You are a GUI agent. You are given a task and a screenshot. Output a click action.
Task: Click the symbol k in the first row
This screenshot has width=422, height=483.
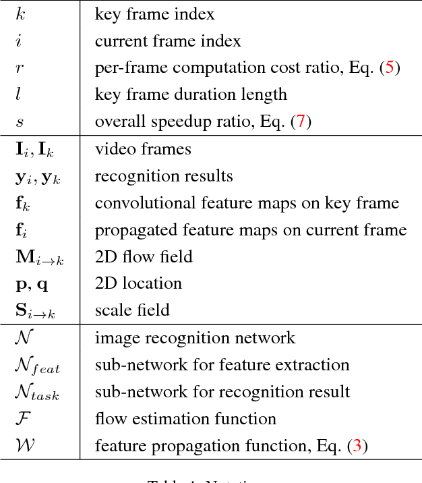(x=20, y=13)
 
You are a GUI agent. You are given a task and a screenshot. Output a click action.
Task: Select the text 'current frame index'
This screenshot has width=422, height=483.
(x=167, y=41)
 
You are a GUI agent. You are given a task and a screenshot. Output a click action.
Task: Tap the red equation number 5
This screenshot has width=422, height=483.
(x=389, y=68)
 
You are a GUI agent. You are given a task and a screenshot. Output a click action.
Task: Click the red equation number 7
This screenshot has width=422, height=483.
(x=301, y=122)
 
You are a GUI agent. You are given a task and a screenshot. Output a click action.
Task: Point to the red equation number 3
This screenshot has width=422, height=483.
(x=357, y=446)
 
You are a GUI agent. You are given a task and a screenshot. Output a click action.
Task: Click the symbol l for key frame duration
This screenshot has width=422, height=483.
(x=18, y=95)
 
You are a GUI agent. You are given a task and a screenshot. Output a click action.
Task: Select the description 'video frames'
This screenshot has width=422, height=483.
(x=142, y=149)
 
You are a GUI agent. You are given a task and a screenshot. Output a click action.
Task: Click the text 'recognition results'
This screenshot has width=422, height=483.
(x=163, y=176)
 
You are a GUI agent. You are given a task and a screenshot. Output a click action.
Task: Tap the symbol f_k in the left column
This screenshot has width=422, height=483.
(x=24, y=203)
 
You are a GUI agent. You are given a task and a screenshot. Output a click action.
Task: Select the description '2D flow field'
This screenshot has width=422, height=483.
(x=143, y=257)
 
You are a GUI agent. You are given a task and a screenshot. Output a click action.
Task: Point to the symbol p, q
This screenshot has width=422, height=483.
(x=32, y=284)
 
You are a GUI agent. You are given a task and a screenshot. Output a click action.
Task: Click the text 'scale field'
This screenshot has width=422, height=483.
(x=131, y=310)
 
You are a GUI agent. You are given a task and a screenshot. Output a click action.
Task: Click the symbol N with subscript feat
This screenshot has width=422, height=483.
(x=37, y=366)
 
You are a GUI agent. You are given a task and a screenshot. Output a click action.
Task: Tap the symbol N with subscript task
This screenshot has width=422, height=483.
(x=37, y=393)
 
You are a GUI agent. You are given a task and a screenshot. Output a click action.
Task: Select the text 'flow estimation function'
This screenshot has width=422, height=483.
(x=185, y=419)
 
